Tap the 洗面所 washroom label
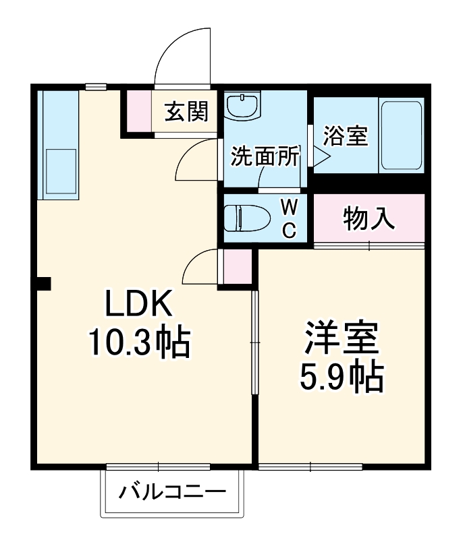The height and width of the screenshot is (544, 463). [265, 156]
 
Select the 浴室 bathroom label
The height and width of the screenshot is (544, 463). [345, 135]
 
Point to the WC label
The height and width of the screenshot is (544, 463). [288, 218]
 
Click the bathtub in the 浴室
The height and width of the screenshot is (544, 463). [402, 135]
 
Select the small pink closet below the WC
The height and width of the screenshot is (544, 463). [237, 266]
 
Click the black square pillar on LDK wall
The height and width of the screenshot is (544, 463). [43, 283]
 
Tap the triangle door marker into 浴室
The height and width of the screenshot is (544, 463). [319, 158]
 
